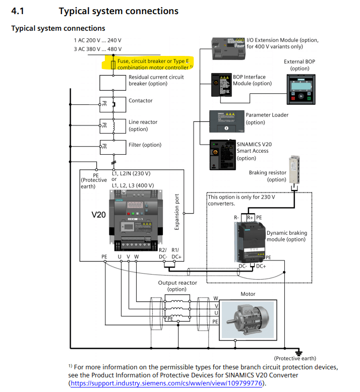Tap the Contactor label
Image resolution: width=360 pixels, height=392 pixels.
140,101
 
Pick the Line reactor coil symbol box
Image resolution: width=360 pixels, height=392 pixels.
113,125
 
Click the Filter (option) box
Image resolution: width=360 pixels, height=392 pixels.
113,147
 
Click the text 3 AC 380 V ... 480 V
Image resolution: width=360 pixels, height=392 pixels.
97,49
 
